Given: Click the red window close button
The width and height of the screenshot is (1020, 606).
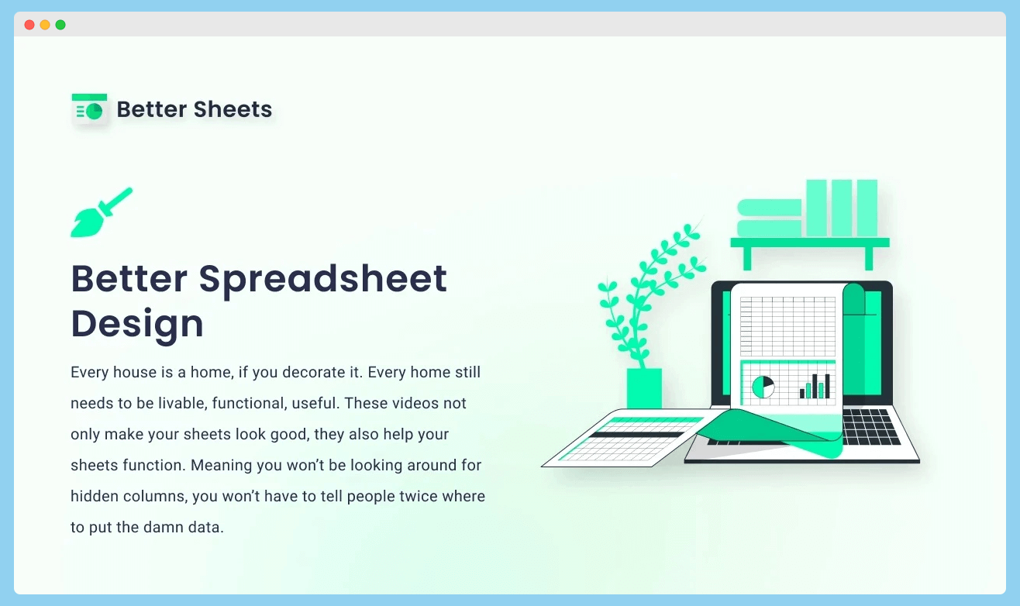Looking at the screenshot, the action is coord(29,25).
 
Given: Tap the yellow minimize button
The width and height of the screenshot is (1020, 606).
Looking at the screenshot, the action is coord(45,25).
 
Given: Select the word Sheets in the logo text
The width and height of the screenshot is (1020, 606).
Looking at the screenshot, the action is coord(233,109).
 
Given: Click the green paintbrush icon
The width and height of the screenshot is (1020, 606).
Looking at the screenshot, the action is coord(101,212).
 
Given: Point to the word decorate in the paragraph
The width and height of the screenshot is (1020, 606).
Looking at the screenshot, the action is coord(314,372).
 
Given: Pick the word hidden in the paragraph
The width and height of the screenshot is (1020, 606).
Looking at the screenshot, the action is coord(95,496).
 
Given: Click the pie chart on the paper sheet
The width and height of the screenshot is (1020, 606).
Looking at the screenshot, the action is coord(763,387).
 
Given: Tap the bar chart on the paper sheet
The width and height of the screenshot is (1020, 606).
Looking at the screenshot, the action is coord(815,387).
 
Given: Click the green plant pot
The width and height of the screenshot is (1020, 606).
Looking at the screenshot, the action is coord(644,388).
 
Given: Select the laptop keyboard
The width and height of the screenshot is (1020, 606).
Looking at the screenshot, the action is coord(870,427).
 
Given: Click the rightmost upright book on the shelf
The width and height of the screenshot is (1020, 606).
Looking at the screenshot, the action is coord(867,208).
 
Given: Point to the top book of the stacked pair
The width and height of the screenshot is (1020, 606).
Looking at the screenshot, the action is coord(769,208).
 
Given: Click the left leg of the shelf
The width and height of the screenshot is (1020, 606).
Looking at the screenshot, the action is coord(747,259).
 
